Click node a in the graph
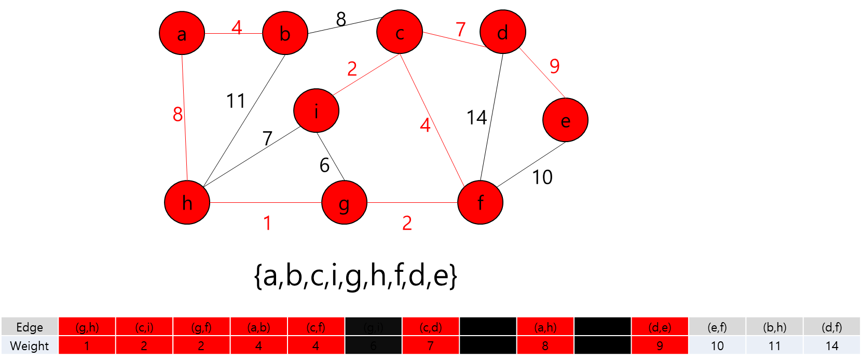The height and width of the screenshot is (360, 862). pyautogui.click(x=182, y=33)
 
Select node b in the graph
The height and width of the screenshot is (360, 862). pyautogui.click(x=285, y=33)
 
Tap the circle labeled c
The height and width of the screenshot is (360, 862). pyautogui.click(x=400, y=32)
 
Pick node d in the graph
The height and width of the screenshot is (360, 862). pyautogui.click(x=502, y=32)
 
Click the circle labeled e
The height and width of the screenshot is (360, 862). pyautogui.click(x=565, y=120)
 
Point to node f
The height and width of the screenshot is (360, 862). pyautogui.click(x=480, y=202)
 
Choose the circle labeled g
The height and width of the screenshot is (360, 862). pyautogui.click(x=344, y=202)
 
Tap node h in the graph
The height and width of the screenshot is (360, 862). pyautogui.click(x=187, y=202)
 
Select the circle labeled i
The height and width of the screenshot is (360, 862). pyautogui.click(x=316, y=110)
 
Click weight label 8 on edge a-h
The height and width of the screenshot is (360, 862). pyautogui.click(x=178, y=114)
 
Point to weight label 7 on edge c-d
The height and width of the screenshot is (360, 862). pyautogui.click(x=461, y=29)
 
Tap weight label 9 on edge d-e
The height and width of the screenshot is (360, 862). pyautogui.click(x=555, y=66)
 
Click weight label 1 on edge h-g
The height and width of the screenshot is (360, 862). pyautogui.click(x=267, y=224)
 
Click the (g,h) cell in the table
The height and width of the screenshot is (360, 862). pyautogui.click(x=87, y=327)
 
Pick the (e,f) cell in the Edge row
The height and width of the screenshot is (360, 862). pyautogui.click(x=717, y=327)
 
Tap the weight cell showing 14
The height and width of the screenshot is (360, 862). pyautogui.click(x=831, y=346)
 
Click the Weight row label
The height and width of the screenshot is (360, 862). pyautogui.click(x=30, y=346)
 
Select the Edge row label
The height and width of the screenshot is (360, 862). pyautogui.click(x=30, y=327)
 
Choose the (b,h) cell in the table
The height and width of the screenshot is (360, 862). pyautogui.click(x=774, y=327)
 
